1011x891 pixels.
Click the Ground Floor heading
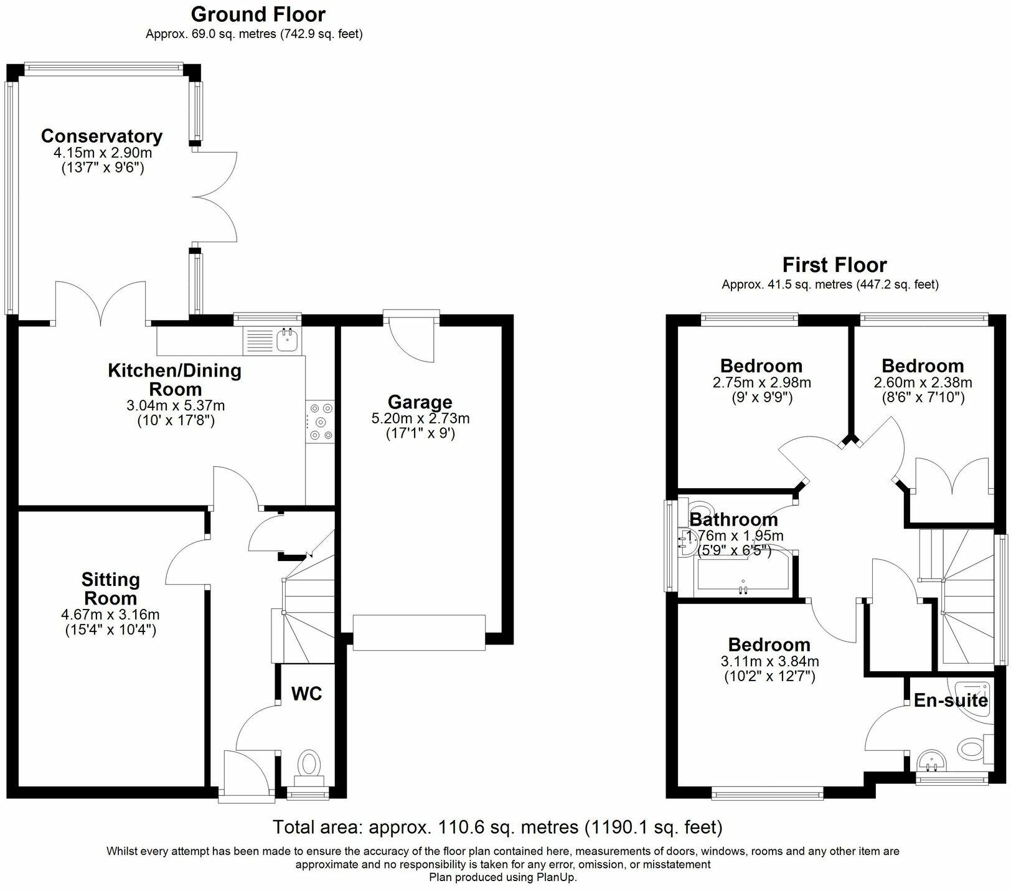(258, 14)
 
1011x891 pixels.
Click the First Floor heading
(834, 265)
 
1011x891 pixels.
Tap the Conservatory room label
(101, 136)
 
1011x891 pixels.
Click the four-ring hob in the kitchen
(321, 422)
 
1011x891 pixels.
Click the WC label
(307, 693)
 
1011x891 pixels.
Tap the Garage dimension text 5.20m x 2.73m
(420, 418)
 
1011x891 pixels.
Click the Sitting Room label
(111, 588)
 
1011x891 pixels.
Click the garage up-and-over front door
(418, 632)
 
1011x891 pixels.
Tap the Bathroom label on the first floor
(733, 519)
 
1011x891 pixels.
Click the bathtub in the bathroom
(742, 573)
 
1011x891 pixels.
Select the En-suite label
(950, 700)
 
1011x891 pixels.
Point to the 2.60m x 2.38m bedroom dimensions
(923, 382)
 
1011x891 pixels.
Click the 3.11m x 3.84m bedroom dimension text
(769, 661)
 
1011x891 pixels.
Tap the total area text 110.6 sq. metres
(497, 827)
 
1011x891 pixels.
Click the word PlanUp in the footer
(557, 877)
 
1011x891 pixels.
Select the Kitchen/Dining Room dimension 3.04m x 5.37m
(176, 405)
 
